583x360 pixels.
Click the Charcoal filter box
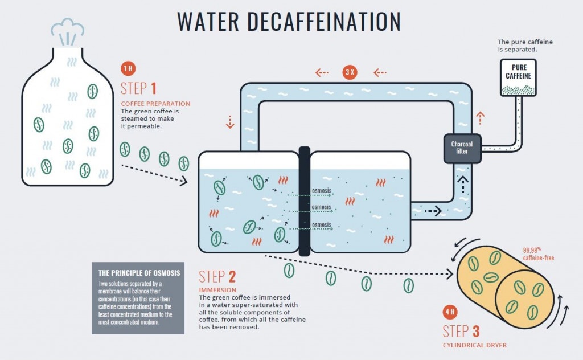coord(462,148)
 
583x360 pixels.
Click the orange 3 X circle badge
coord(350,73)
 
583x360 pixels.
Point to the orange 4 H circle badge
coord(450,313)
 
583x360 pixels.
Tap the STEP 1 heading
coord(138,88)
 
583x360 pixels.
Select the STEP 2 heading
coord(217,277)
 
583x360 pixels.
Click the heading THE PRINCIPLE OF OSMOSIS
coord(139,273)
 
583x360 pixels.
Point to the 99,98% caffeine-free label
coord(538,254)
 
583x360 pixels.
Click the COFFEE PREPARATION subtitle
coord(155,104)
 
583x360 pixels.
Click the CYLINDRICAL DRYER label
coord(474,345)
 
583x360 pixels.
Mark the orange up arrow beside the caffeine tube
coord(481,118)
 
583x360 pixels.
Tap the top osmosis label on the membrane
coord(321,191)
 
